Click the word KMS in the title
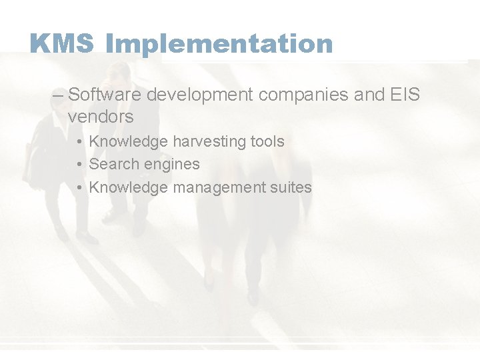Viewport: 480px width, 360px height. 62,44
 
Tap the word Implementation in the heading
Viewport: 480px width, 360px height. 219,45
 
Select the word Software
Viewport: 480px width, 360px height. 105,95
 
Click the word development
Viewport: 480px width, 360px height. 200,95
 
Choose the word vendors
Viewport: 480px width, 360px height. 101,117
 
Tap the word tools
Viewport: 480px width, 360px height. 267,141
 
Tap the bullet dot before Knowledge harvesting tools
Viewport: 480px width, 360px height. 79,142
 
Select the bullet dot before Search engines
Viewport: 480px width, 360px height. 79,165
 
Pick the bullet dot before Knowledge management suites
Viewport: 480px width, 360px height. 79,188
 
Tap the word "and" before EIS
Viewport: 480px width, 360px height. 369,95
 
